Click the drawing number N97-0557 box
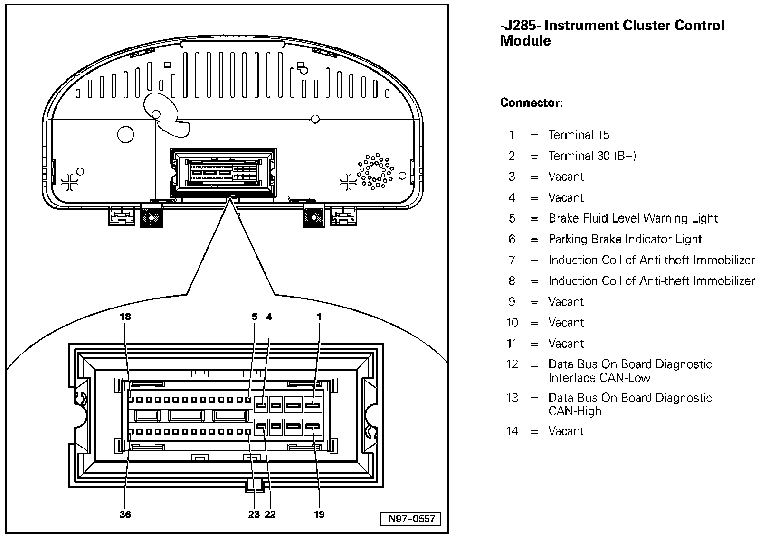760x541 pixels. (411, 519)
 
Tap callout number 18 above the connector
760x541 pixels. (125, 317)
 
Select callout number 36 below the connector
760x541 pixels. (125, 514)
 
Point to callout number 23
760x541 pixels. (254, 514)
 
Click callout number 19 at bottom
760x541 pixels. (319, 514)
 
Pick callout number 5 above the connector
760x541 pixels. (255, 317)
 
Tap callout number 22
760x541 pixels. (270, 514)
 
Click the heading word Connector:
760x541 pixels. (532, 103)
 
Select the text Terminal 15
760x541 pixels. (579, 135)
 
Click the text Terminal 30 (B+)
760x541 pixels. (592, 156)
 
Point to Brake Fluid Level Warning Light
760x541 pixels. (633, 219)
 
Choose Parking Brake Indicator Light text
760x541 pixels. (625, 240)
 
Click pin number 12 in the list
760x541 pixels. (512, 364)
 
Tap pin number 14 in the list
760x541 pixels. (512, 431)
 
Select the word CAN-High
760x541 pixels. (575, 411)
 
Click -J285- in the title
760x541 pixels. (520, 26)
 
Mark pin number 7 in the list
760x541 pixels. (512, 261)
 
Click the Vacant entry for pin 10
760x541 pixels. (566, 323)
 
